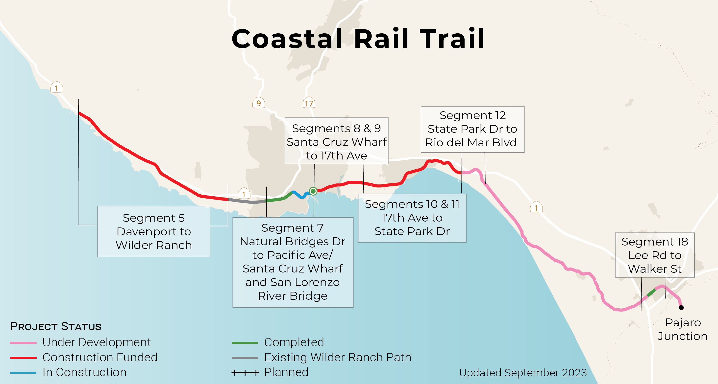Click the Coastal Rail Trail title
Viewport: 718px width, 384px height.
358,39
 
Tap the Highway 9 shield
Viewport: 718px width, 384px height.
258,103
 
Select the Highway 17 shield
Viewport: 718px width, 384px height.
309,103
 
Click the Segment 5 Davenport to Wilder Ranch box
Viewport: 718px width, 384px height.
154,231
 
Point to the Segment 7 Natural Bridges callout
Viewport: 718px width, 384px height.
293,262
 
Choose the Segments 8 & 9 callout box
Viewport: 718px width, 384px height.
336,141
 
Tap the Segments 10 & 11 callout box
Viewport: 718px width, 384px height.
412,218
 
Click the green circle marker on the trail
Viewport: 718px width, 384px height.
313,191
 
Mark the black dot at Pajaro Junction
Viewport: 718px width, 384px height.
681,307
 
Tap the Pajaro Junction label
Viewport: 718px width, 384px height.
683,329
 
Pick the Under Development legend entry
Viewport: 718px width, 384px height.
96,342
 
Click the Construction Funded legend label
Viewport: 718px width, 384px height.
100,357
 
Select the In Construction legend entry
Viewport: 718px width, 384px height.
84,372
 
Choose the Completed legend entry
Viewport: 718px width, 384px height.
294,342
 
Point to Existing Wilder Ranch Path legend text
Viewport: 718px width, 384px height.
338,357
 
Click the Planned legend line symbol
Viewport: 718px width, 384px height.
245,373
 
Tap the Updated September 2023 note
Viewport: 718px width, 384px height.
523,373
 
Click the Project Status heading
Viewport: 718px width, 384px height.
56,326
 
